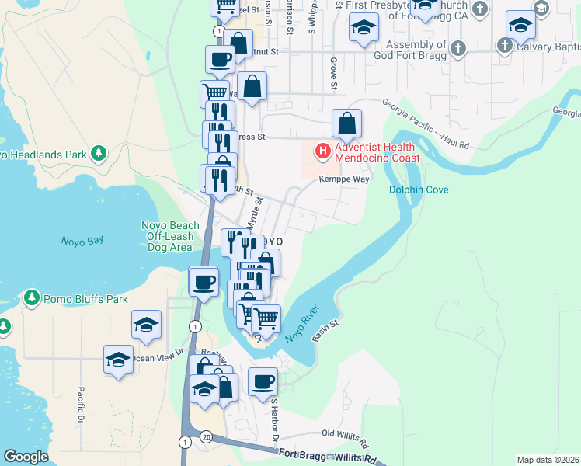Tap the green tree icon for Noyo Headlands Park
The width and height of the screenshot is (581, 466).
coord(99,153)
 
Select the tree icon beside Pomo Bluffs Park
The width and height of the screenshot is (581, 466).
coord(31,298)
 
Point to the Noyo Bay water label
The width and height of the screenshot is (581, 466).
coord(82,241)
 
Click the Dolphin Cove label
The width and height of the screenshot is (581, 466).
coord(419,190)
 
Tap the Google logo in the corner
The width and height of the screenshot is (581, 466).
coord(26,457)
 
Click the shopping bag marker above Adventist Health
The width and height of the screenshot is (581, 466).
coord(346,122)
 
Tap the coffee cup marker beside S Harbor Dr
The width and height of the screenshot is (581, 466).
coord(263,381)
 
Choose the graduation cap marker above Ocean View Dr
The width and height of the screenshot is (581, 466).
coord(118,358)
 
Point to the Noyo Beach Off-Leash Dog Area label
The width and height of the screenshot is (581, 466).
coord(169,236)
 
